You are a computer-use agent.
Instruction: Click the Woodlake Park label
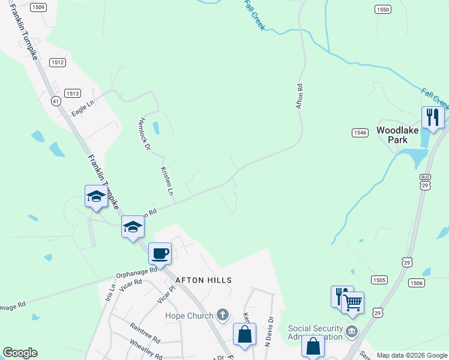(393, 134)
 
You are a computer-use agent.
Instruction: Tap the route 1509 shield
(38, 7)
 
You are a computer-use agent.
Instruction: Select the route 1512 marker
(58, 62)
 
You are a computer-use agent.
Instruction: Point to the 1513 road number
(73, 93)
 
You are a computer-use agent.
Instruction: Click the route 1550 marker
(382, 10)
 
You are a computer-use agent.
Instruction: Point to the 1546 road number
(360, 133)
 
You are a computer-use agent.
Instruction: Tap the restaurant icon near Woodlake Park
(432, 116)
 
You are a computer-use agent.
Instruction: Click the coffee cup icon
(160, 253)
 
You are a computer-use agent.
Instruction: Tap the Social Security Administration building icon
(352, 331)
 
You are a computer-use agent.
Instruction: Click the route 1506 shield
(417, 283)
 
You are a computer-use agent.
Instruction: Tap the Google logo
(20, 353)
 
